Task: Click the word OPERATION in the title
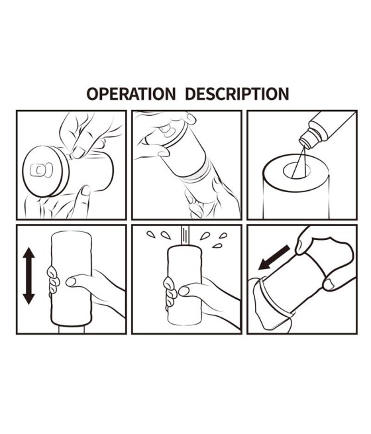pos(131,94)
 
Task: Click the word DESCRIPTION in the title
pos(237,94)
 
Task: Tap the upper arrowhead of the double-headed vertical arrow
pos(28,253)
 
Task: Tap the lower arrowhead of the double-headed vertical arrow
pos(28,298)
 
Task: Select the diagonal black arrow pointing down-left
pos(274,258)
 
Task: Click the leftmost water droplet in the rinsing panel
pos(150,235)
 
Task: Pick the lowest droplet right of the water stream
pos(217,246)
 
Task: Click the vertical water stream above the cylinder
pos(185,235)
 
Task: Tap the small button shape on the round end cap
pos(40,170)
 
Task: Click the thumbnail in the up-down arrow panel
pos(71,282)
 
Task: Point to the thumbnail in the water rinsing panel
pos(184,291)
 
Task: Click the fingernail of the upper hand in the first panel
pos(79,152)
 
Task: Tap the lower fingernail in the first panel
pos(85,190)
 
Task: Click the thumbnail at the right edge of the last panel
pos(329,285)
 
